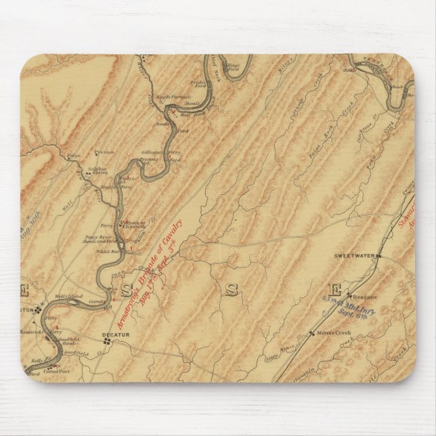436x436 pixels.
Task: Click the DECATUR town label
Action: (116, 334)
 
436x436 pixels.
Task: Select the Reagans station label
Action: (363, 296)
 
